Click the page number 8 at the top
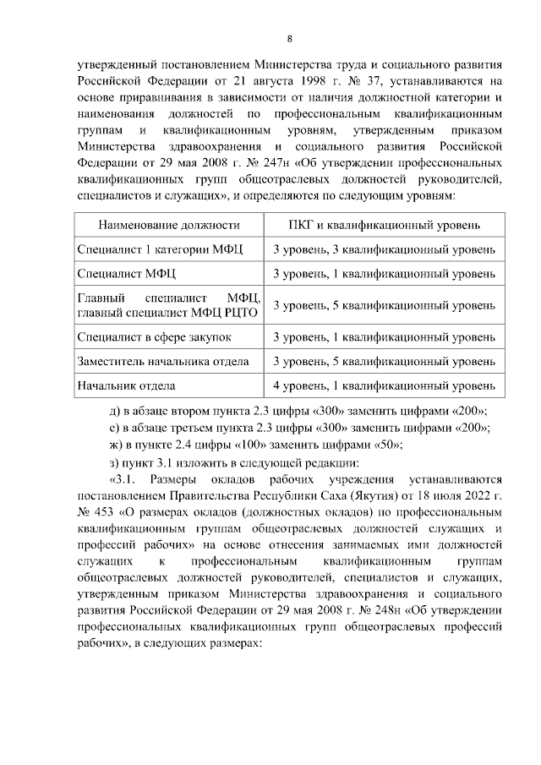[x=289, y=39]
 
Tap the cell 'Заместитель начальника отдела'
[x=163, y=362]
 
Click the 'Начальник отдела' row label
[x=127, y=386]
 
